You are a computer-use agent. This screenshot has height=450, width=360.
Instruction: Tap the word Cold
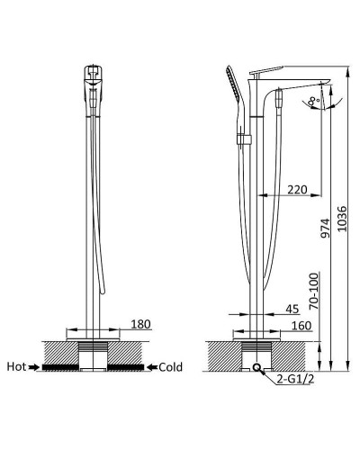pos(171,366)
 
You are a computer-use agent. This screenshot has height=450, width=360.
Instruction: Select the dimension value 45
pos(292,308)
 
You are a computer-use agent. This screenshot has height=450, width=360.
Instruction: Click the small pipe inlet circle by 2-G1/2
pos(258,367)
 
